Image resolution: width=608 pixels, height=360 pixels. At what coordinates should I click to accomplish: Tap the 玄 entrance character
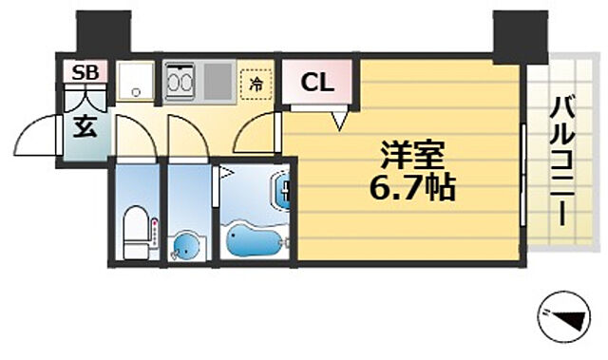[x=85, y=127]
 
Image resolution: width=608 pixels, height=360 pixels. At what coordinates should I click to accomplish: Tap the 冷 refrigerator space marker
[x=255, y=83]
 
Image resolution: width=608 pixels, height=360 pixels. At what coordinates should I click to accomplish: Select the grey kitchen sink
[x=217, y=82]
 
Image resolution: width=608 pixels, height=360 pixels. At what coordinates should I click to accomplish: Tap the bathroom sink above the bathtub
[x=284, y=193]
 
